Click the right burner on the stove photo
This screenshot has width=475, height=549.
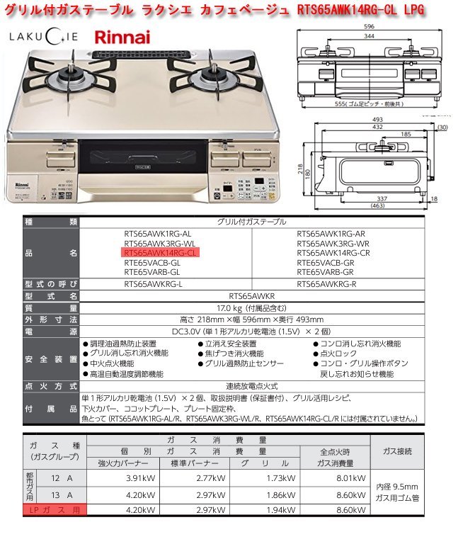[214, 76]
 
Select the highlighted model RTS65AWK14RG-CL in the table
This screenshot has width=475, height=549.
[161, 252]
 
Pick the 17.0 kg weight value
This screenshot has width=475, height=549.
[253, 308]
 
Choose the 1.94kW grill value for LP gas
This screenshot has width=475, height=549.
[277, 509]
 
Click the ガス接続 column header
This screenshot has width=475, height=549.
[397, 451]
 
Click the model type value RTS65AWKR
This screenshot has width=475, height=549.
[253, 297]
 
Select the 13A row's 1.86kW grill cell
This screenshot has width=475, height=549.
[277, 494]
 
